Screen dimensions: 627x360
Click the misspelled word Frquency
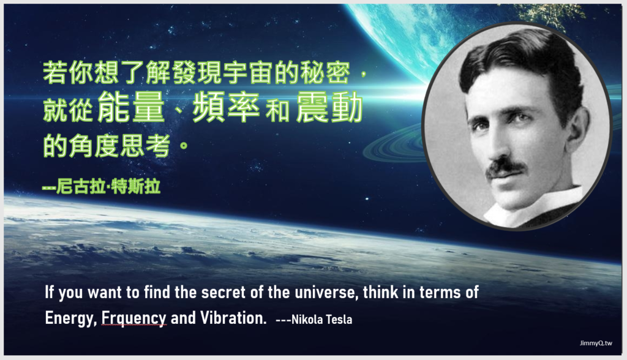133,318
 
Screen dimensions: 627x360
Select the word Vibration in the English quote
233,318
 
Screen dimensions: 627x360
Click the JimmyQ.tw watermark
596,343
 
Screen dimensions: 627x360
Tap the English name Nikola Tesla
322,320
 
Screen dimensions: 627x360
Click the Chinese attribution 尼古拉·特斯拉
108,186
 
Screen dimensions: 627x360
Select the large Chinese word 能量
131,107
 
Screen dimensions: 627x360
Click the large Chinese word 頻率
227,107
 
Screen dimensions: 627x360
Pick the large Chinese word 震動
329,107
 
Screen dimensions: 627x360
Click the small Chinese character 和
277,111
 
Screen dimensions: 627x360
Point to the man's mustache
505,167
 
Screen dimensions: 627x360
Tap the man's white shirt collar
536,206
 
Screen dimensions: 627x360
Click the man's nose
498,144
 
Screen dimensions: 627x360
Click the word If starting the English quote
49,292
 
